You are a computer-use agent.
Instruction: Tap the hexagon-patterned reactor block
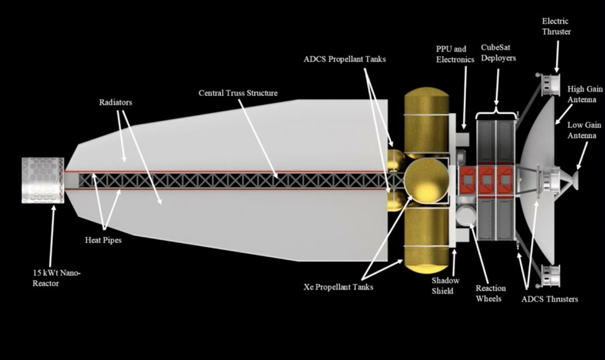point(43,180)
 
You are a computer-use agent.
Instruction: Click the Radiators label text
point(115,102)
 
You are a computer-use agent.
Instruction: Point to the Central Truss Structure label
point(238,93)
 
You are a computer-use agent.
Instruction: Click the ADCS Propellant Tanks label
point(345,59)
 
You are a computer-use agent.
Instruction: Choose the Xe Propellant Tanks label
point(338,287)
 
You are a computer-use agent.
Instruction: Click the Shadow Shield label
point(446,286)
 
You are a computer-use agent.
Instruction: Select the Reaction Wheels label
point(490,293)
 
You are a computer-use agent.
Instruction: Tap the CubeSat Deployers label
point(498,52)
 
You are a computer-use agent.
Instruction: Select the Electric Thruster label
point(556,26)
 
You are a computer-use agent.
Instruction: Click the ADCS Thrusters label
point(549,299)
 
